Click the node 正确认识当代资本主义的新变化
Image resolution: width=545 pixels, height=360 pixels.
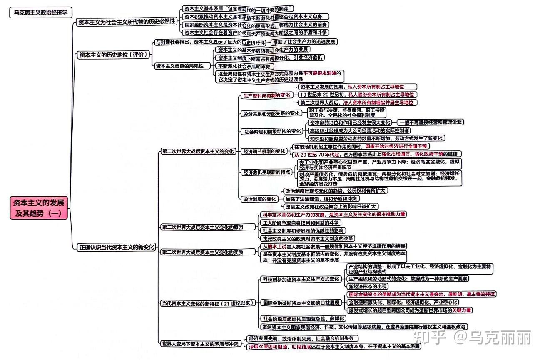point(117,247)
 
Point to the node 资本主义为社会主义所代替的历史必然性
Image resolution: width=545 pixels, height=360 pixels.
point(127,22)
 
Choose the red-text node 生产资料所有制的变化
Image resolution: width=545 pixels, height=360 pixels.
point(266,95)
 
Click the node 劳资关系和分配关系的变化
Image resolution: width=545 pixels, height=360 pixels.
point(271,113)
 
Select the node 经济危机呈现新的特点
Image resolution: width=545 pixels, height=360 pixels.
point(267,172)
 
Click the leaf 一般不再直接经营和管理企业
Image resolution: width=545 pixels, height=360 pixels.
point(431,122)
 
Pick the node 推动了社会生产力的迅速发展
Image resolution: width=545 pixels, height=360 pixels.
point(304,42)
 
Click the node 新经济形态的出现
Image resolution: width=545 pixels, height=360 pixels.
point(368,286)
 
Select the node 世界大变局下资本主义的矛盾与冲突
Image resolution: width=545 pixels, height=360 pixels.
point(200,343)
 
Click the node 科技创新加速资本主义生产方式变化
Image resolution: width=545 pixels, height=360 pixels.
point(301,279)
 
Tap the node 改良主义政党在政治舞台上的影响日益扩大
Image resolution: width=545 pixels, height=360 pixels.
point(331,206)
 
